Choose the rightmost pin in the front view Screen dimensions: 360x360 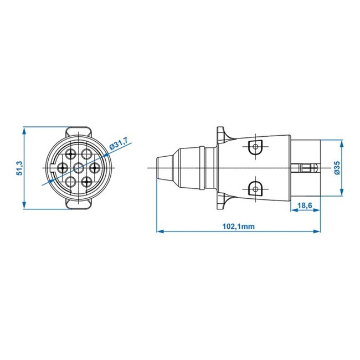click(x=94, y=167)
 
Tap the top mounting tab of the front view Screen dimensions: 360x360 click(x=78, y=131)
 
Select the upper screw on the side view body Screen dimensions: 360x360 click(x=254, y=147)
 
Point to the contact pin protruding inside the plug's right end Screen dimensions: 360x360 click(x=306, y=167)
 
